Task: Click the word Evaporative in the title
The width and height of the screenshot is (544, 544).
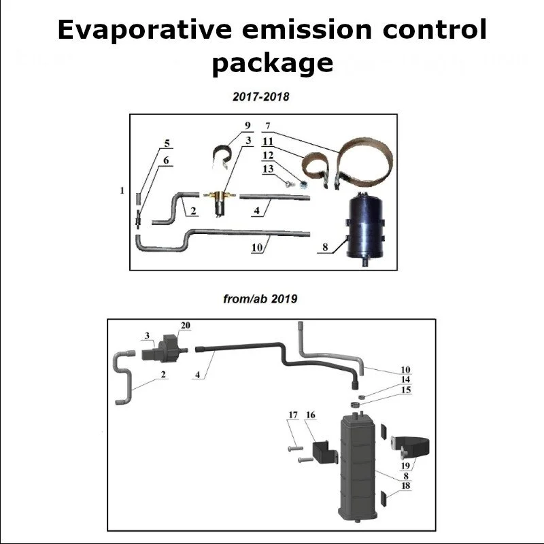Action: (x=144, y=31)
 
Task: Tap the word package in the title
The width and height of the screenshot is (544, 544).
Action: (x=272, y=63)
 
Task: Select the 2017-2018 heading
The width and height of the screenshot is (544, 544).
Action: (x=260, y=97)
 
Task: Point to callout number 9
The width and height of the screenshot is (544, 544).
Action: (x=248, y=126)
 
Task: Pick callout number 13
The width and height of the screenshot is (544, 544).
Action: (x=269, y=169)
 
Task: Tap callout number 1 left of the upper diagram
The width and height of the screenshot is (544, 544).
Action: (x=122, y=191)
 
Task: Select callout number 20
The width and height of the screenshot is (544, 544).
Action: (x=185, y=325)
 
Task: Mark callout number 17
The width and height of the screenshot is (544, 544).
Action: (x=294, y=415)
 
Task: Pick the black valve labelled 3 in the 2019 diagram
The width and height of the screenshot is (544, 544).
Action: (x=163, y=351)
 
